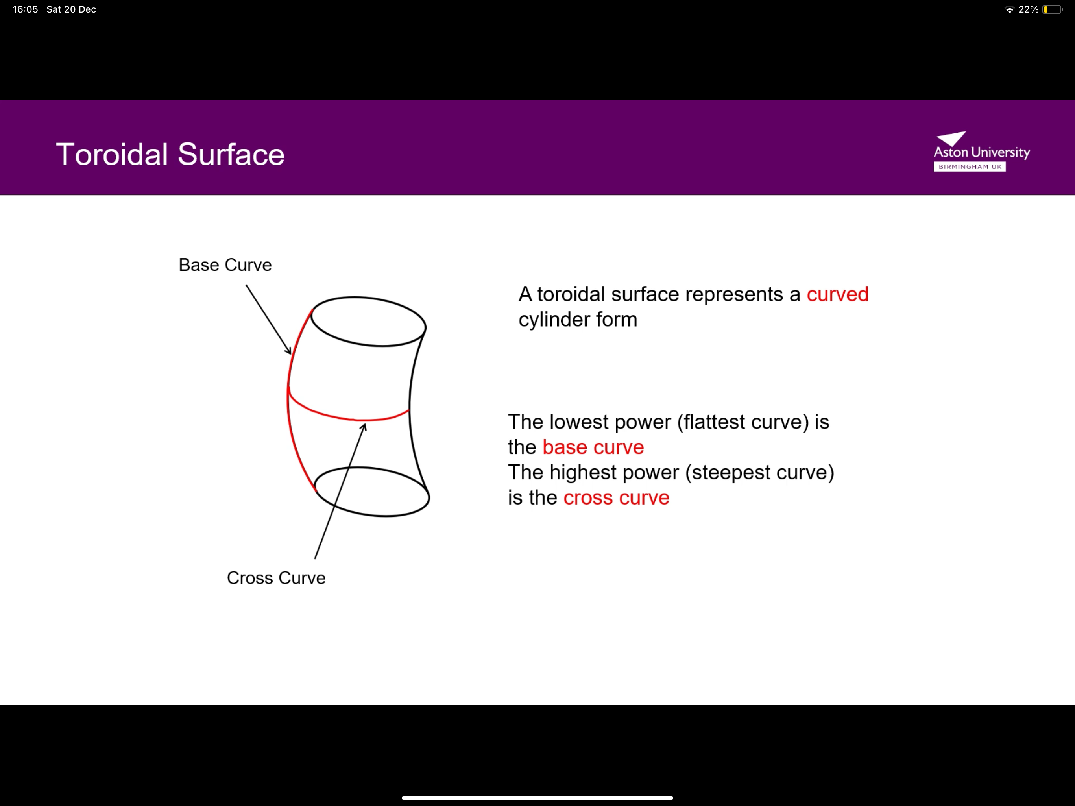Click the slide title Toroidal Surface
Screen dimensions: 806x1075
click(x=170, y=155)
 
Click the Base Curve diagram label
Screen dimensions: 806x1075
click(x=225, y=265)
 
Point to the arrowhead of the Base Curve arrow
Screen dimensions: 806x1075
click(x=289, y=351)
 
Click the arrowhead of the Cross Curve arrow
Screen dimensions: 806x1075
click(x=364, y=426)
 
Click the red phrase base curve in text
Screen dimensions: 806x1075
click(x=593, y=447)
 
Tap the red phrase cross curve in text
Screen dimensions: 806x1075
click(x=616, y=498)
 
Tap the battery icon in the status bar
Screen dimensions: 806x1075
click(x=1052, y=9)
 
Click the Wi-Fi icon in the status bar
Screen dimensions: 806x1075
click(x=1009, y=9)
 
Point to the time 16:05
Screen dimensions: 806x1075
click(x=25, y=9)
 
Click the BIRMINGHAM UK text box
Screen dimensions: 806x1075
click(x=970, y=167)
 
